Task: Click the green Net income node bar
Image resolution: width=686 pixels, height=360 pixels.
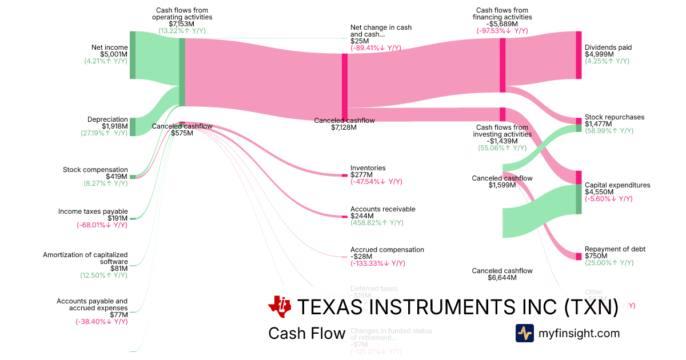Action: click(133, 55)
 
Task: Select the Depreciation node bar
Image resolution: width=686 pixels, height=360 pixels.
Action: click(133, 127)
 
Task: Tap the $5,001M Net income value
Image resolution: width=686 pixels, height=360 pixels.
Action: click(114, 54)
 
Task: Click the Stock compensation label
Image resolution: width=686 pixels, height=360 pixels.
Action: click(95, 170)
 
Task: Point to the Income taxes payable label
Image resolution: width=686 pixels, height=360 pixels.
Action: click(93, 211)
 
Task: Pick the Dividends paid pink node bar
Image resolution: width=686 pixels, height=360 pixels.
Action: click(579, 55)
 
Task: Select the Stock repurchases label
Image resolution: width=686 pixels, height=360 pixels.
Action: click(615, 117)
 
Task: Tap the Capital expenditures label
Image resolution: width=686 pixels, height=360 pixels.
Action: click(617, 185)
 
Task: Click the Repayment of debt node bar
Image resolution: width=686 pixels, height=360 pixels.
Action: click(579, 256)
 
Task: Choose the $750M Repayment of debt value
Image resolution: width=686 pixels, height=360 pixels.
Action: click(595, 256)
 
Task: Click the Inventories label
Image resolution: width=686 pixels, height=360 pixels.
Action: click(368, 168)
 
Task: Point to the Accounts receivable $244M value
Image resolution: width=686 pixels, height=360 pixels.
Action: click(361, 216)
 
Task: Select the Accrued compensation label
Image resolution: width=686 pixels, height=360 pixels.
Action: click(387, 250)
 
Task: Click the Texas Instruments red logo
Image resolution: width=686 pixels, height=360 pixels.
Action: click(280, 307)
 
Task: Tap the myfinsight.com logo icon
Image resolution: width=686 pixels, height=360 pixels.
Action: click(524, 333)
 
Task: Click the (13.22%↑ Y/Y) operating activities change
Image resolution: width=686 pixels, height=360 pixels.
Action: click(182, 31)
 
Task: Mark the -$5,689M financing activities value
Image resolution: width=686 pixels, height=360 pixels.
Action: click(502, 24)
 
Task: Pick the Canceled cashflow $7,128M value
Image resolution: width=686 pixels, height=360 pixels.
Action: click(344, 127)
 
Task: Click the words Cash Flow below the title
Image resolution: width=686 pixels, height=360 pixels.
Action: click(306, 334)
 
